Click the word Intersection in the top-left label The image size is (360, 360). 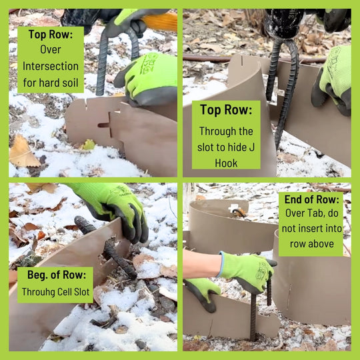50,67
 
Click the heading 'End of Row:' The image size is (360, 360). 311,200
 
